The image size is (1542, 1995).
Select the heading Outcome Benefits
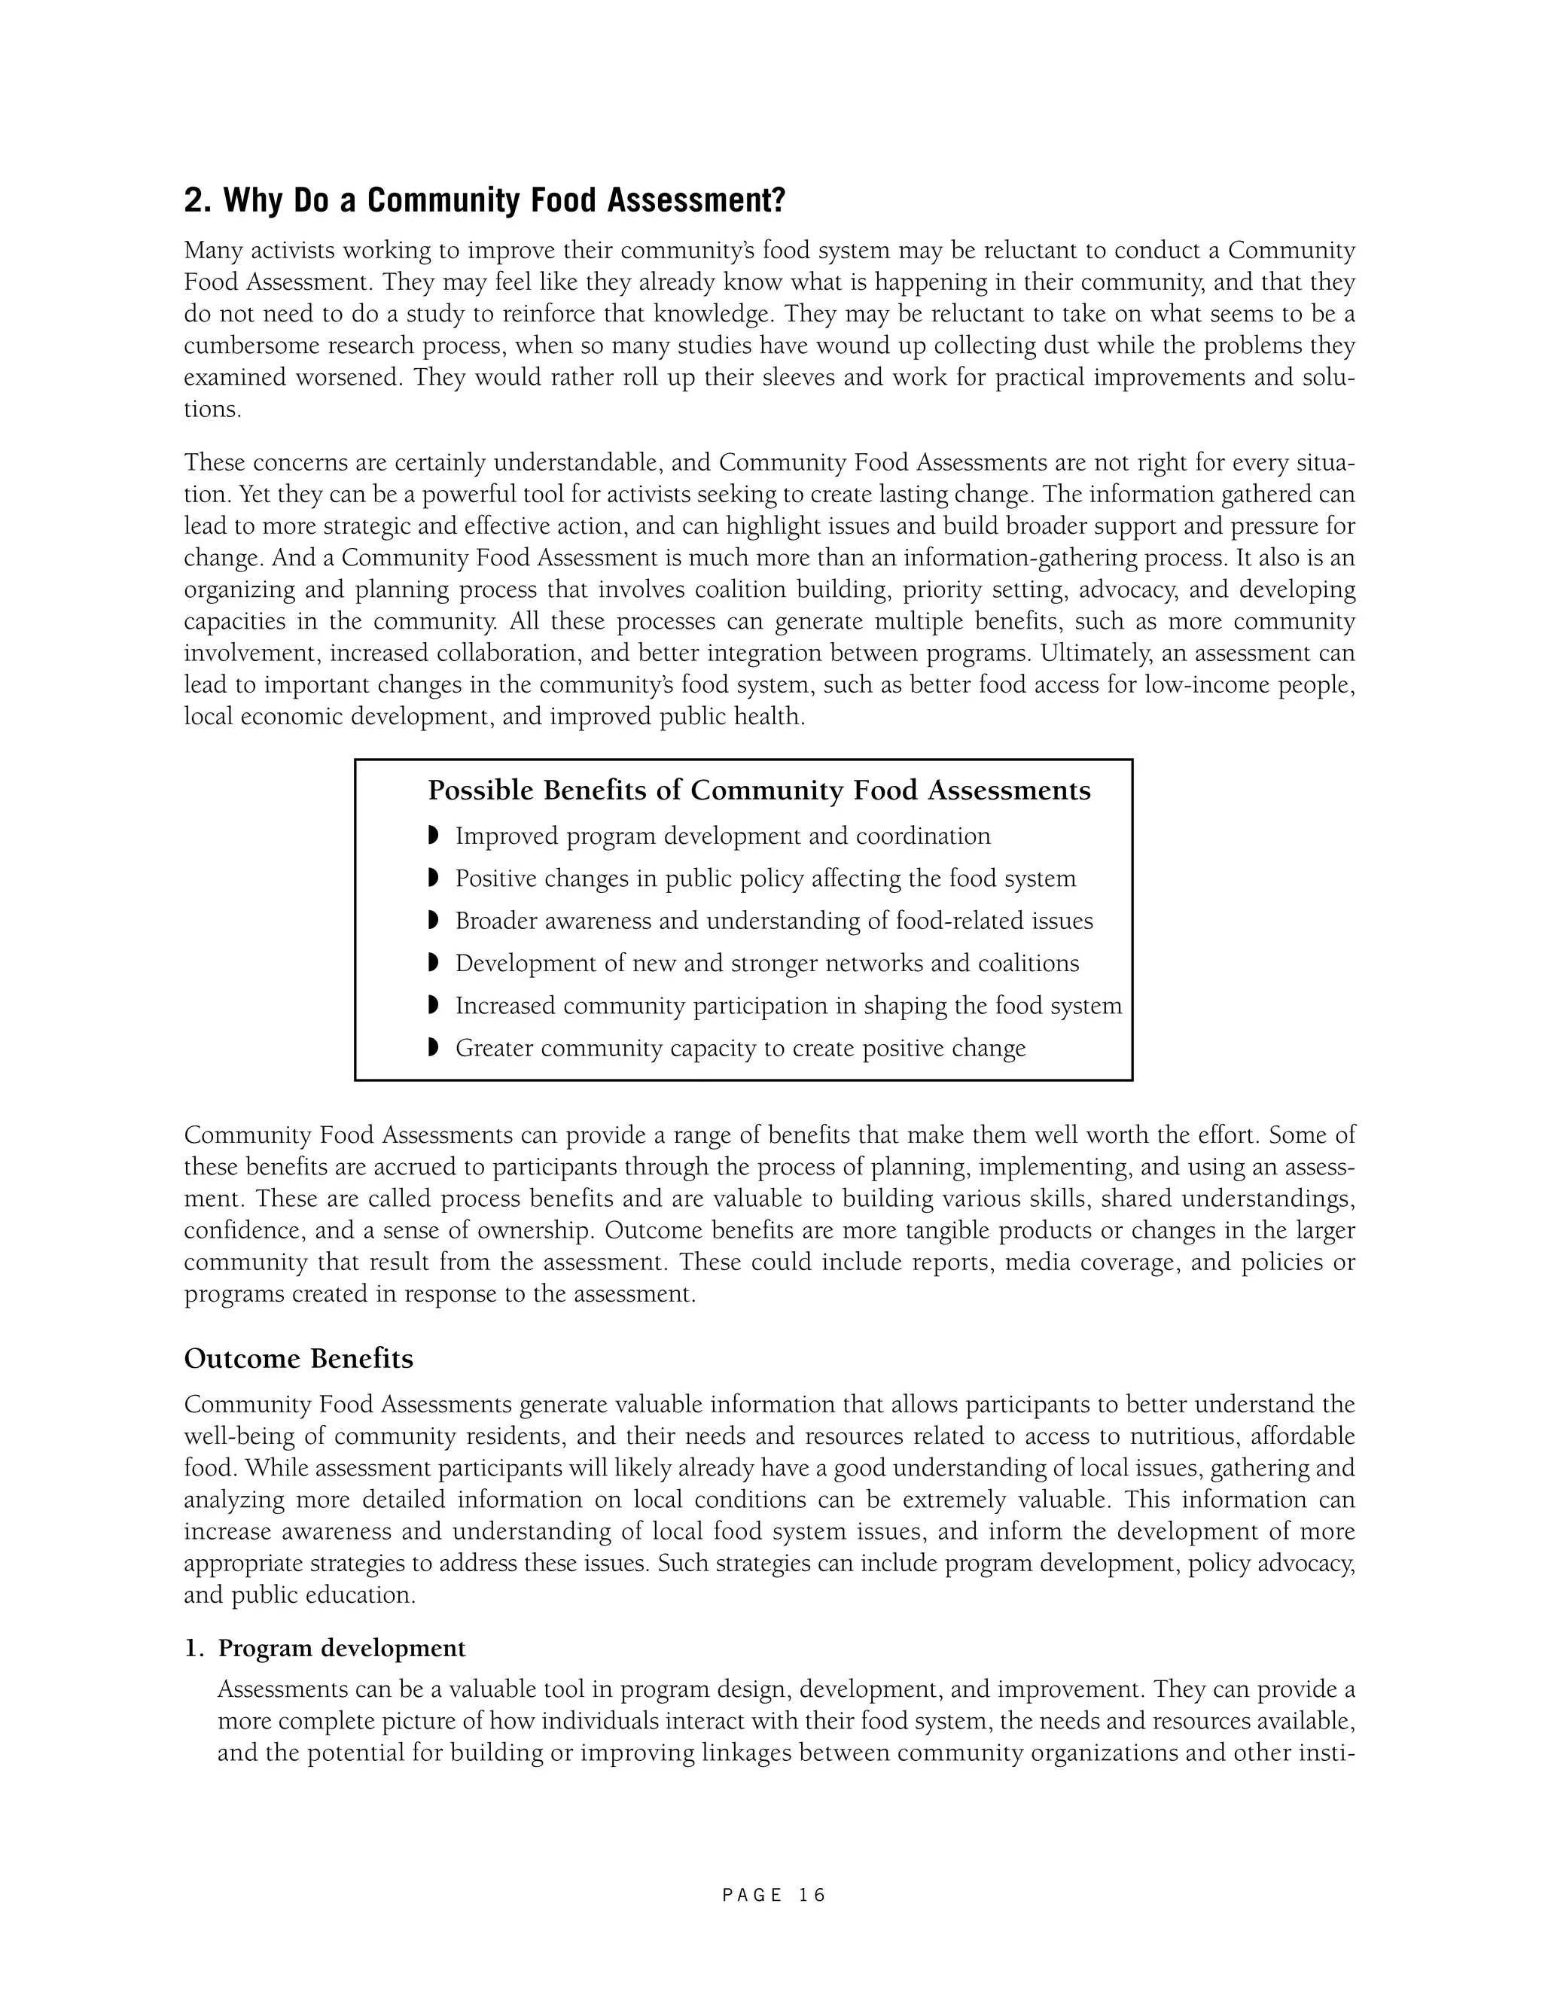click(299, 1358)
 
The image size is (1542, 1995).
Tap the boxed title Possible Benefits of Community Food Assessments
click(759, 790)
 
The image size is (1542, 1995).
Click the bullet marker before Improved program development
click(433, 835)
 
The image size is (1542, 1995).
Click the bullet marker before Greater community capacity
click(433, 1047)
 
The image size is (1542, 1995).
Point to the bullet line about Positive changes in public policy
click(766, 879)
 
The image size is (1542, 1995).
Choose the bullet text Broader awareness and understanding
click(774, 921)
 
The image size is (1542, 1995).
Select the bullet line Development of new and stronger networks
click(767, 964)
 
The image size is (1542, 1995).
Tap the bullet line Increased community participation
click(788, 1006)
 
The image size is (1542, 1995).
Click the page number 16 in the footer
click(811, 1896)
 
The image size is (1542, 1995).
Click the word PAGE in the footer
click(752, 1896)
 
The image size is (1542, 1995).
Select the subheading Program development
click(342, 1648)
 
